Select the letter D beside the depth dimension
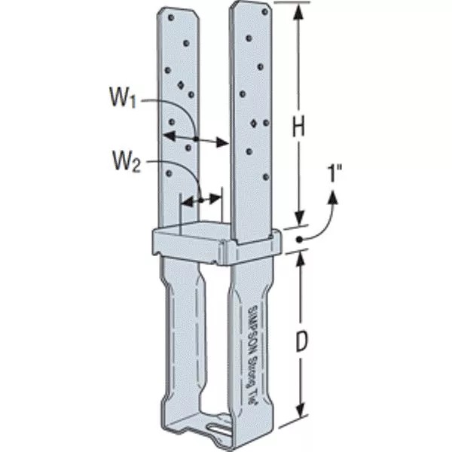[301, 343]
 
